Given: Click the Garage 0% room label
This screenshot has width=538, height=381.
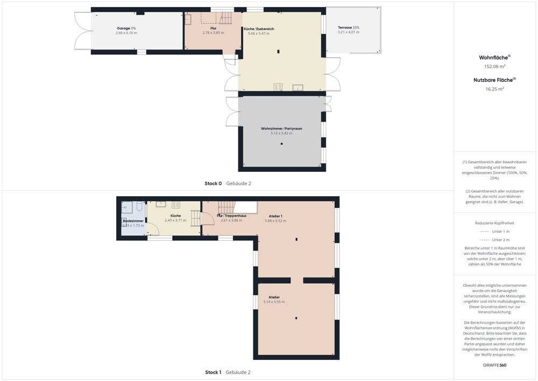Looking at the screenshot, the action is pyautogui.click(x=126, y=28).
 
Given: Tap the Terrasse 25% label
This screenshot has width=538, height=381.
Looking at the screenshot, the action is pyautogui.click(x=349, y=27).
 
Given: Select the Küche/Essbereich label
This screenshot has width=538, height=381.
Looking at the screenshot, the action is pyautogui.click(x=259, y=29).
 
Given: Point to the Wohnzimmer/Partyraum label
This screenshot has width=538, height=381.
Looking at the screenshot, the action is pyautogui.click(x=281, y=128).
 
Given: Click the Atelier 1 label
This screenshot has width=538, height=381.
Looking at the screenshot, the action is pyautogui.click(x=275, y=216).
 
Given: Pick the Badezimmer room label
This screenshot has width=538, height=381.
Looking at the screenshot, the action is pyautogui.click(x=133, y=221).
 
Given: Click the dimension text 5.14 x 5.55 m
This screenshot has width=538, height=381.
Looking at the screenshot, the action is pyautogui.click(x=274, y=302).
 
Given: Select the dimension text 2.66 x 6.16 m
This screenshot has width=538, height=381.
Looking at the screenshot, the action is pyautogui.click(x=126, y=33).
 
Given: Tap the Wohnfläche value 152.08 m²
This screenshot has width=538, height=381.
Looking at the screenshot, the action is pyautogui.click(x=494, y=66).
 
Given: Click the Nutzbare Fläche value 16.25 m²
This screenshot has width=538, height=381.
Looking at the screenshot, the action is pyautogui.click(x=494, y=89).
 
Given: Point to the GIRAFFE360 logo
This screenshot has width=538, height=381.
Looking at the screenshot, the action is pyautogui.click(x=494, y=365).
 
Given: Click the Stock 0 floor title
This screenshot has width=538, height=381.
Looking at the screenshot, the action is pyautogui.click(x=213, y=183).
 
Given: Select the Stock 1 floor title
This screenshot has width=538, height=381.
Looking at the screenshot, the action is pyautogui.click(x=213, y=372).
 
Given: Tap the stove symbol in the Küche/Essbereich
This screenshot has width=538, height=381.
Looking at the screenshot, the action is pyautogui.click(x=278, y=87).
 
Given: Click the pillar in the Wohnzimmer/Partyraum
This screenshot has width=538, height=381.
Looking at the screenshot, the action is pyautogui.click(x=282, y=144).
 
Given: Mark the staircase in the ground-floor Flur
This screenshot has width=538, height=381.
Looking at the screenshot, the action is pyautogui.click(x=226, y=18).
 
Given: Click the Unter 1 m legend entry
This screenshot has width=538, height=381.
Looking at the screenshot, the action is pyautogui.click(x=494, y=232).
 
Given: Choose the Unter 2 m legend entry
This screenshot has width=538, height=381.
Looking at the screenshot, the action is pyautogui.click(x=494, y=240).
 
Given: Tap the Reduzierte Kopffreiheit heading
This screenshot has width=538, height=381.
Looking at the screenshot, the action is pyautogui.click(x=494, y=223).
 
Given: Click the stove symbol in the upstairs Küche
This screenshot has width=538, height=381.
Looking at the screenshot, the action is pyautogui.click(x=176, y=205).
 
